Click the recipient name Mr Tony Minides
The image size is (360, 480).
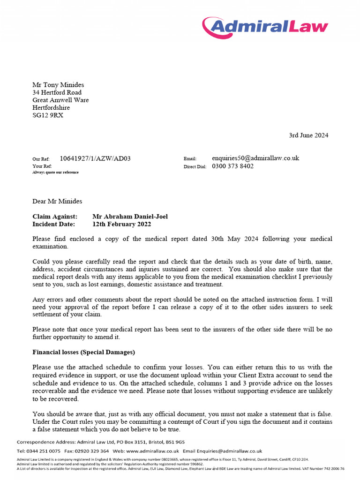pos(58,85)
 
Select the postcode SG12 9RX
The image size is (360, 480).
pos(47,115)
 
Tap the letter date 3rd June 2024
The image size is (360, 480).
pos(308,135)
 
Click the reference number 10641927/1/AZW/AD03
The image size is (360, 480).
pos(95,158)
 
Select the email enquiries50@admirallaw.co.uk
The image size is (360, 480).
pos(255,158)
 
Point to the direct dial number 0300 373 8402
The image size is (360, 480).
pos(233,166)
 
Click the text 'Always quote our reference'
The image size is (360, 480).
pos(55,172)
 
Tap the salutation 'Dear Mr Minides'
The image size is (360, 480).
pos(57,202)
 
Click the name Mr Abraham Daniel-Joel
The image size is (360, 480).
pos(130,217)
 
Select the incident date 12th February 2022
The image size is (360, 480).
pos(122,224)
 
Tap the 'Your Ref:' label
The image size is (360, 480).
pos(42,166)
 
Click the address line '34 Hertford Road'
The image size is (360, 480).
pos(57,92)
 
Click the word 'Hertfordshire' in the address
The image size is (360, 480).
pos(51,108)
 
